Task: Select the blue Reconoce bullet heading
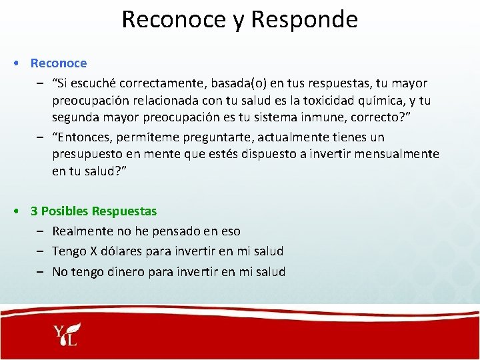pyautogui.click(x=59, y=63)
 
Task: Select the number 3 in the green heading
pyautogui.click(x=34, y=211)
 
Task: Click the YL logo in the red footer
pyautogui.click(x=66, y=335)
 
